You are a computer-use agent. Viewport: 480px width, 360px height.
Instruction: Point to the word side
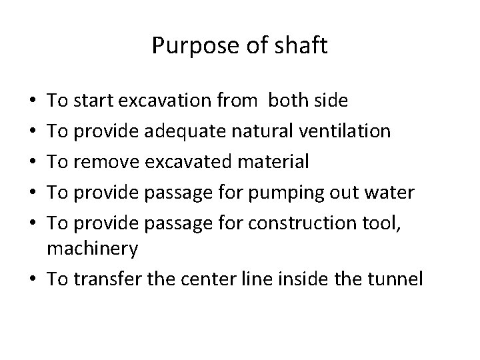[331, 101]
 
